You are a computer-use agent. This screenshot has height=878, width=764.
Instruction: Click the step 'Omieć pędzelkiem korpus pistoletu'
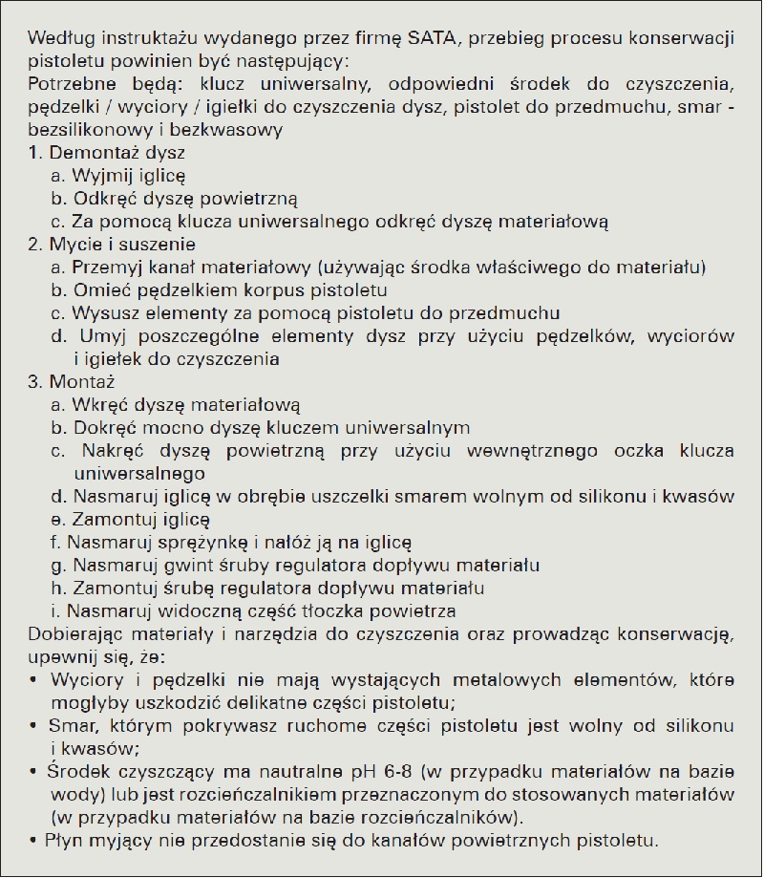(220, 290)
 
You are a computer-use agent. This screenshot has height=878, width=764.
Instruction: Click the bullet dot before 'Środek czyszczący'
(34, 748)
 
